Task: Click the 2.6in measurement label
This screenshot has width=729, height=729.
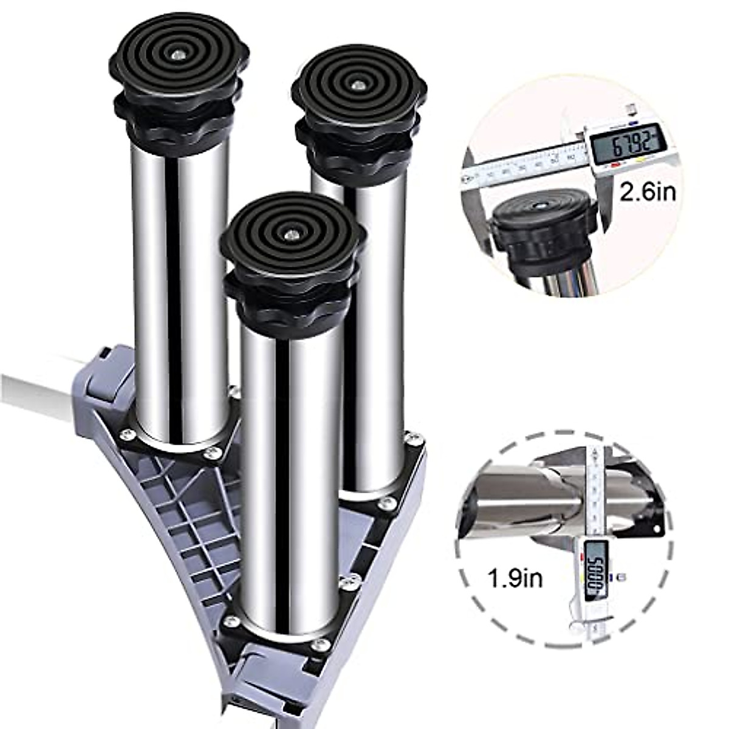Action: [647, 193]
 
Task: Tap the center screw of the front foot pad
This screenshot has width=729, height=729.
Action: [291, 231]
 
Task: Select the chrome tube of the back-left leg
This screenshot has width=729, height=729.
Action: [181, 292]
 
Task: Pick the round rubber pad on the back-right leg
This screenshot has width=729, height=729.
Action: [358, 88]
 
